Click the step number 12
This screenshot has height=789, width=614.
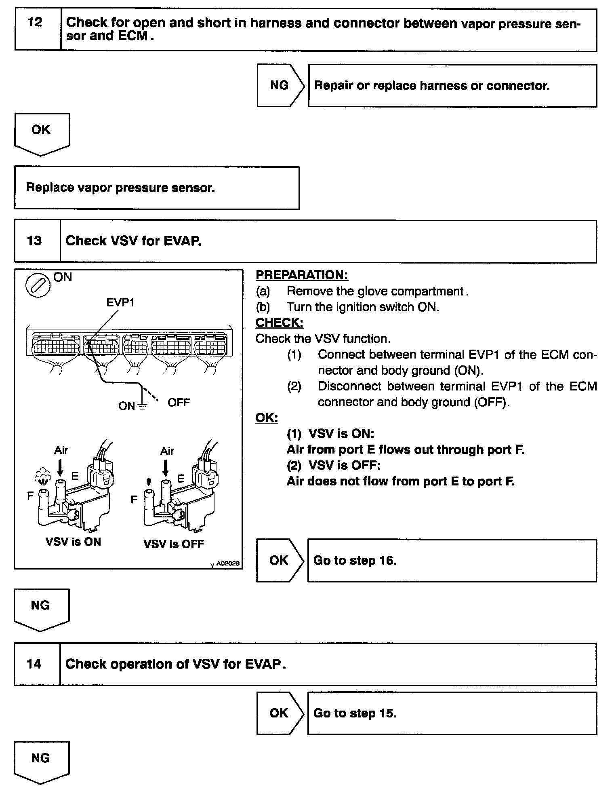click(35, 22)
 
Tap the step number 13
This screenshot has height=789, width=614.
click(34, 241)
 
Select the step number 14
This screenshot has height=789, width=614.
click(34, 664)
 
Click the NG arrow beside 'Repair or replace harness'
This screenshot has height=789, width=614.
click(280, 85)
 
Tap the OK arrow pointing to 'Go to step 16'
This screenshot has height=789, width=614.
click(279, 560)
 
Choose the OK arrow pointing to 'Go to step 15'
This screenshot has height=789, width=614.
click(279, 713)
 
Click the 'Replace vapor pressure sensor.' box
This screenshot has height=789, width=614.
click(157, 188)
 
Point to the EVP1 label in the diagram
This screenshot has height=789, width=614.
click(120, 302)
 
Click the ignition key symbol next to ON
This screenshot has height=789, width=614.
click(38, 285)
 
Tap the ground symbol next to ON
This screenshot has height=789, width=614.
click(142, 406)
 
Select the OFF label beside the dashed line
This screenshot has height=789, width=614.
click(179, 403)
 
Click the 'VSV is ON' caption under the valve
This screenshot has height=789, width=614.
click(73, 542)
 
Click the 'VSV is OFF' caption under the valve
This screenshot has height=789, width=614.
click(174, 544)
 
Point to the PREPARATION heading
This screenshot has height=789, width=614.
click(302, 275)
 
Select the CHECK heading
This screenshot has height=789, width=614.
click(279, 323)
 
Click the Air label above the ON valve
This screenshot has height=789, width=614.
click(61, 450)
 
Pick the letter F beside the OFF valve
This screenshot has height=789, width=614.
click(134, 500)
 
